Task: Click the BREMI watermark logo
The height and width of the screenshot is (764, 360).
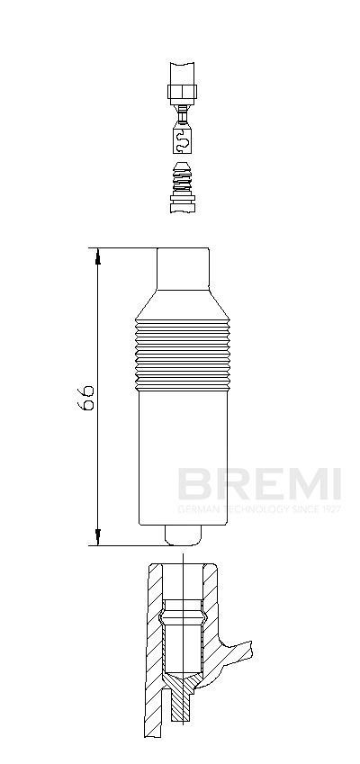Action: [258, 484]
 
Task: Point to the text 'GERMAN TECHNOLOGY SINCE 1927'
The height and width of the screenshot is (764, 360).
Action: [258, 509]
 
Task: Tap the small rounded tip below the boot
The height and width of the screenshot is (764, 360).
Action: [184, 536]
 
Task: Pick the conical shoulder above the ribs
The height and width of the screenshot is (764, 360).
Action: [184, 306]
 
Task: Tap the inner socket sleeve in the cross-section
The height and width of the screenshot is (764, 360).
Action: [183, 639]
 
